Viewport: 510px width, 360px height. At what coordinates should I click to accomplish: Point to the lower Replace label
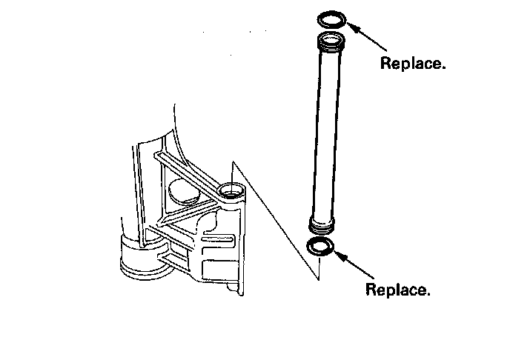398,289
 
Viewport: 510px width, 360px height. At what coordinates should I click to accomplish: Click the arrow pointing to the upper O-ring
364,34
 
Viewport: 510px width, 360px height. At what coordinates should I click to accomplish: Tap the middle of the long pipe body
325,130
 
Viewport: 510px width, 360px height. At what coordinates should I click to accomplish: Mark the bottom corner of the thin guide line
317,280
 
